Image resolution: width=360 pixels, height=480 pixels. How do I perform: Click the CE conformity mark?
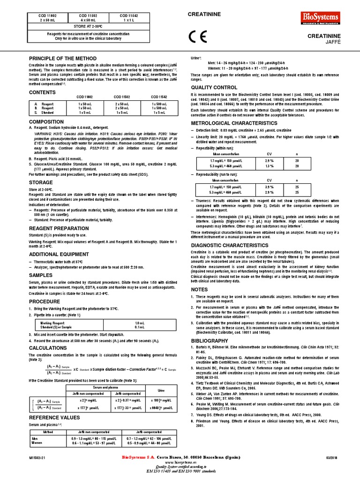[x=195, y=37]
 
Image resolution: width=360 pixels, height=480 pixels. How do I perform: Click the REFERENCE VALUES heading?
[x=54, y=417]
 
